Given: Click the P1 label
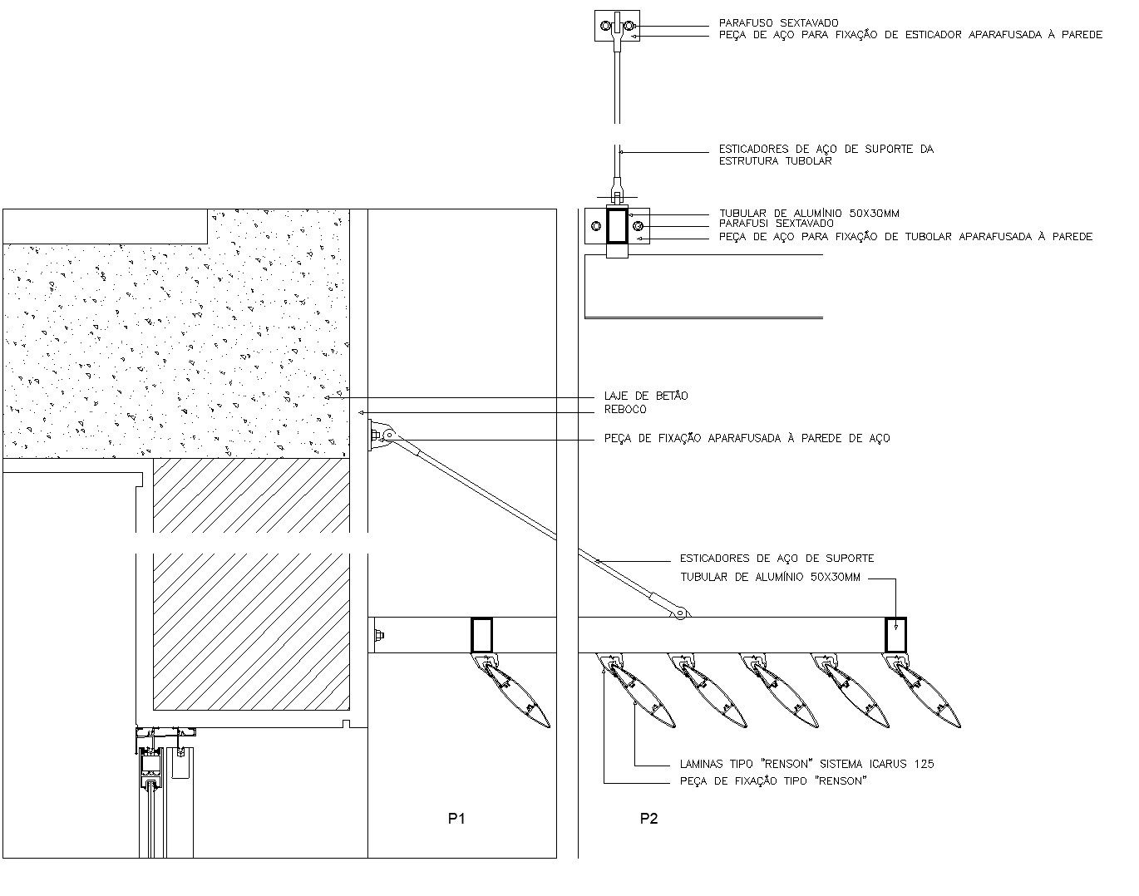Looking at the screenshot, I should tap(456, 819).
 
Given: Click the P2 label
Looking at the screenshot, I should tap(648, 819).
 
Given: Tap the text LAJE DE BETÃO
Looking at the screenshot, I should tap(646, 396).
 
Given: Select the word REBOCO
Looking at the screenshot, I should tap(624, 410).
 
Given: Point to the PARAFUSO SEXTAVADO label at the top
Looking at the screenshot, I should tap(778, 23).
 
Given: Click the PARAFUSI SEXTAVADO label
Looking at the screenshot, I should tap(776, 224).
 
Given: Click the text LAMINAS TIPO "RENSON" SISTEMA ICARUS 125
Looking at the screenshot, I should tap(806, 764).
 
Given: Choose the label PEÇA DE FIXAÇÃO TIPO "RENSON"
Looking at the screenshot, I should tap(772, 781).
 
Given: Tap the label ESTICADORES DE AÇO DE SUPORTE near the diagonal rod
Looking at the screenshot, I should tap(777, 559).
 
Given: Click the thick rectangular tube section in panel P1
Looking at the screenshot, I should tap(482, 635).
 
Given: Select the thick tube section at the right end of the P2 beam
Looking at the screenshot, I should tap(895, 635).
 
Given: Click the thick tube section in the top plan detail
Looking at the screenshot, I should tap(617, 226).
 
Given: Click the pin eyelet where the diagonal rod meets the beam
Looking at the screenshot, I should tap(681, 613).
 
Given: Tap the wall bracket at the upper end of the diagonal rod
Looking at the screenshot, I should tap(379, 436).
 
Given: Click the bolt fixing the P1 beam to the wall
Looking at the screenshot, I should tap(379, 637).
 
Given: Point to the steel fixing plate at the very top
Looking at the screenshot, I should tap(617, 26).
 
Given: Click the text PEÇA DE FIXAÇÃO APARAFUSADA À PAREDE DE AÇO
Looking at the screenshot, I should tap(747, 438).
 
